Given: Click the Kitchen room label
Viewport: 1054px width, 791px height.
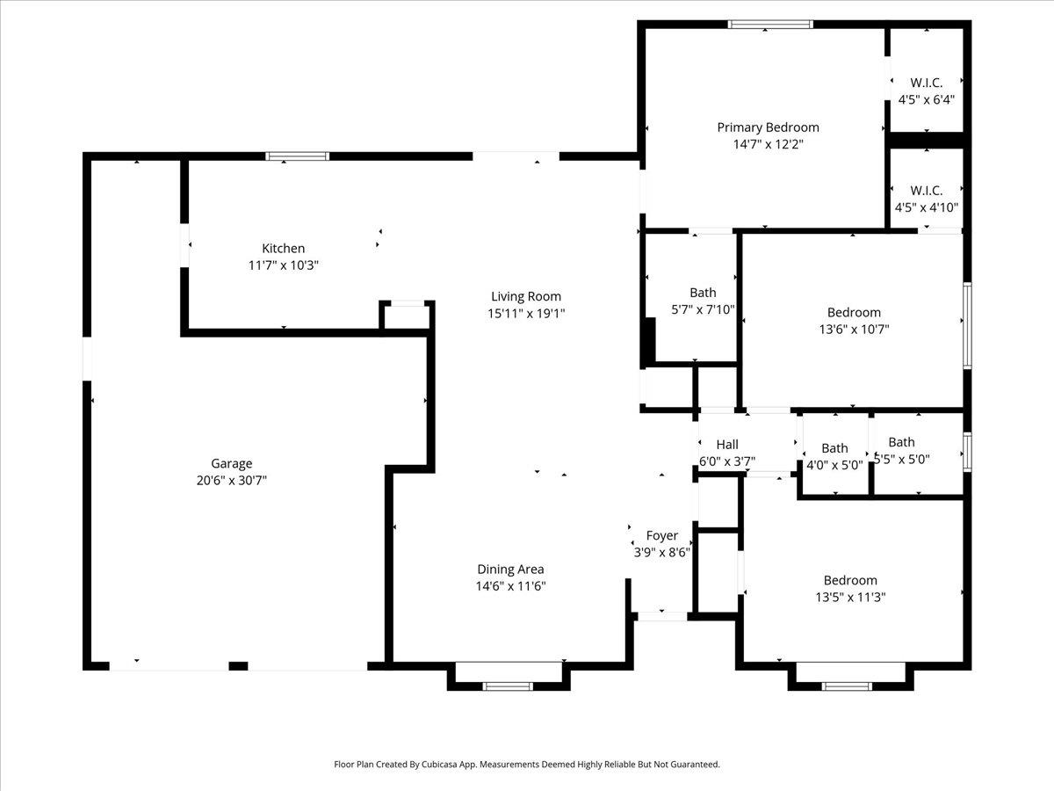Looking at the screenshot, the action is click(x=284, y=249).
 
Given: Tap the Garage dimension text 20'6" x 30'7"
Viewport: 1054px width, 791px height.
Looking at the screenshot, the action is click(x=232, y=480).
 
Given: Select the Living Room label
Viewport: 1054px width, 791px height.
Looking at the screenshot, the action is click(x=526, y=296).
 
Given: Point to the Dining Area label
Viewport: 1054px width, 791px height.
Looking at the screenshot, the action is click(x=510, y=570).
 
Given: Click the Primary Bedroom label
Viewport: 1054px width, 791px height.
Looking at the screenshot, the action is click(x=768, y=127).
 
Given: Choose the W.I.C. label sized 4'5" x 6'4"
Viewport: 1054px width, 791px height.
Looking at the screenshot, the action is click(x=927, y=83).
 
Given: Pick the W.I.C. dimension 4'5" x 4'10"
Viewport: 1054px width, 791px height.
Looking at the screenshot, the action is click(x=927, y=207).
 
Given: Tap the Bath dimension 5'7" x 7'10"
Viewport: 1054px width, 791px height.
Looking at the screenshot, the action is click(x=703, y=309).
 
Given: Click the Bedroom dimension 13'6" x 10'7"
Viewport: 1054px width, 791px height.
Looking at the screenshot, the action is click(x=854, y=330).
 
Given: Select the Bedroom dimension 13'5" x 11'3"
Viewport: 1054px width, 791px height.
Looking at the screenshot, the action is click(x=850, y=597).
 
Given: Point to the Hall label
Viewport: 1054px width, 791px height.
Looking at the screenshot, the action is click(x=727, y=444).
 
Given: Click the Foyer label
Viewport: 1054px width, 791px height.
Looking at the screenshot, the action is click(x=661, y=535).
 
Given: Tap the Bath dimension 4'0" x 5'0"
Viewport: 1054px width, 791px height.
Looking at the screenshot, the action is click(x=834, y=465).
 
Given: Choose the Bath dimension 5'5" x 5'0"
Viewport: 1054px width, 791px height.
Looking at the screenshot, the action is click(x=902, y=459).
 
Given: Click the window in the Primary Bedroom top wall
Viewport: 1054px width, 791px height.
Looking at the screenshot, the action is click(x=770, y=25).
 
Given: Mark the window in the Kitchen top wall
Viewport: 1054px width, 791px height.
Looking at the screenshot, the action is click(x=298, y=156).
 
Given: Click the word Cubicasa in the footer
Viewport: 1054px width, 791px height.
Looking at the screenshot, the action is click(x=440, y=764).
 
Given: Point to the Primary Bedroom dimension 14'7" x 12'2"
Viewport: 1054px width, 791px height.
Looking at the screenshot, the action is click(x=768, y=144).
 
